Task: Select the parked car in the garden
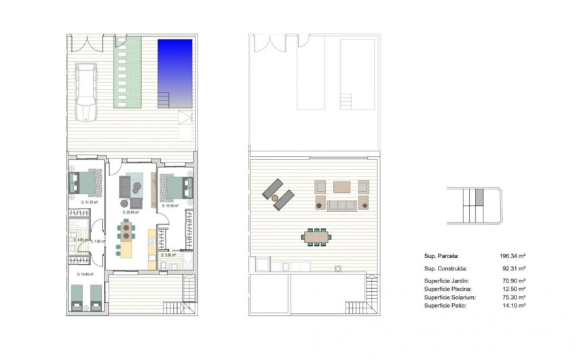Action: click(86, 91)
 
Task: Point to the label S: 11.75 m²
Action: click(89, 202)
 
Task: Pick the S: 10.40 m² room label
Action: click(86, 274)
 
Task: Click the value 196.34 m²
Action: click(513, 256)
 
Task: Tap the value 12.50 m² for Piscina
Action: click(515, 289)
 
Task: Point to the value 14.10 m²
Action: click(515, 306)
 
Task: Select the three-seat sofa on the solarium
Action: click(342, 205)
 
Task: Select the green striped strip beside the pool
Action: click(128, 72)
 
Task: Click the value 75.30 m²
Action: click(515, 298)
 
